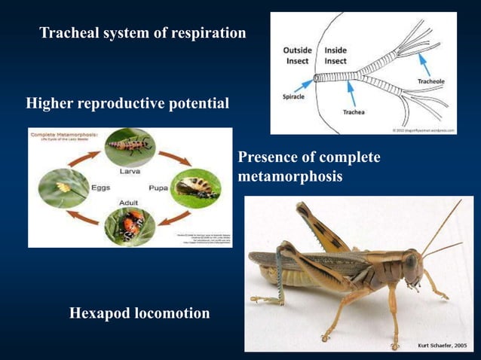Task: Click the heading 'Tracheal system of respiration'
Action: (142, 33)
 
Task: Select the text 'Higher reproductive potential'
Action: (127, 103)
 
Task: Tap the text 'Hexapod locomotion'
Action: (139, 313)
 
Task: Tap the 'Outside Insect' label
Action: (297, 55)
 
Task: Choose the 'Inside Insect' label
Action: (335, 55)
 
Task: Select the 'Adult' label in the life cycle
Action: (128, 203)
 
